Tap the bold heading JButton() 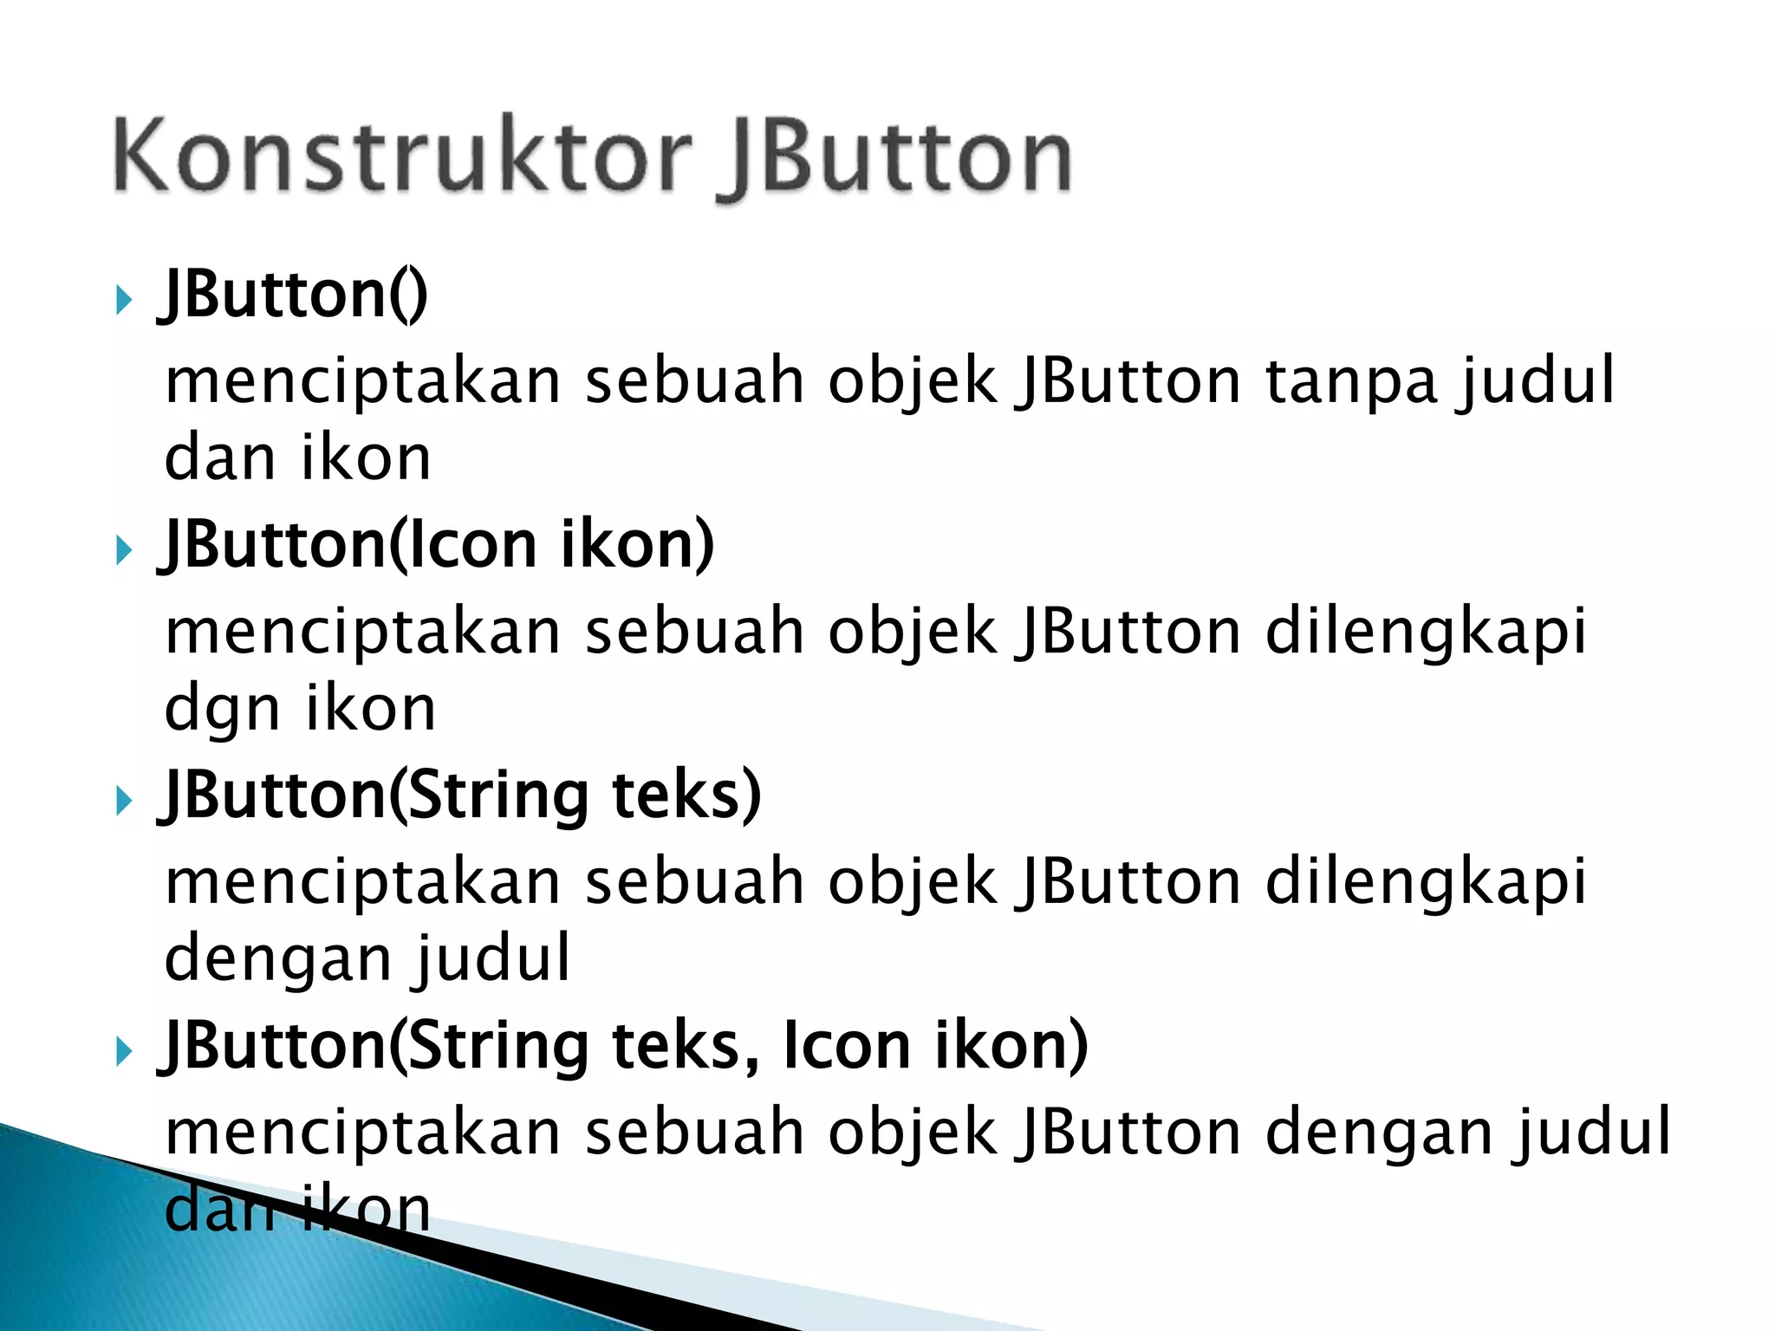[x=293, y=295]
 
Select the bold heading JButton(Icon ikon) [x=438, y=545]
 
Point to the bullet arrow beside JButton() [x=124, y=301]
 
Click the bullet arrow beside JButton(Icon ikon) [x=124, y=550]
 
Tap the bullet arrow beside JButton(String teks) [x=124, y=801]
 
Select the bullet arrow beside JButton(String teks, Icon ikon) [x=124, y=1051]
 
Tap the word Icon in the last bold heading [x=846, y=1046]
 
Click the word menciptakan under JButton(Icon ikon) [x=363, y=632]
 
